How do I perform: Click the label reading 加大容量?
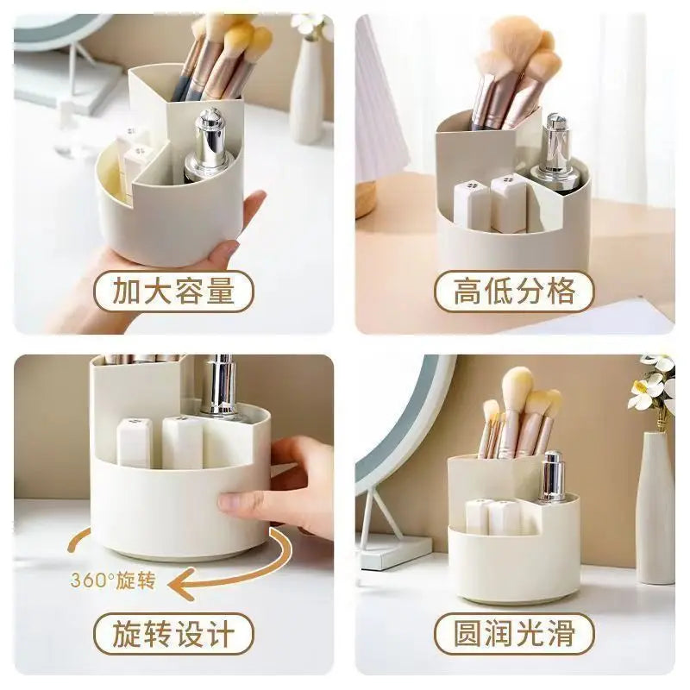[173, 292]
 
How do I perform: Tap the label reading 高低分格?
[514, 292]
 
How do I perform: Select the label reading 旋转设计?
[173, 634]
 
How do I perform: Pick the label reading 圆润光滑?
[514, 634]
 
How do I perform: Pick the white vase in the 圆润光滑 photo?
[655, 509]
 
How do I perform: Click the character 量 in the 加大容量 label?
[222, 292]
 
